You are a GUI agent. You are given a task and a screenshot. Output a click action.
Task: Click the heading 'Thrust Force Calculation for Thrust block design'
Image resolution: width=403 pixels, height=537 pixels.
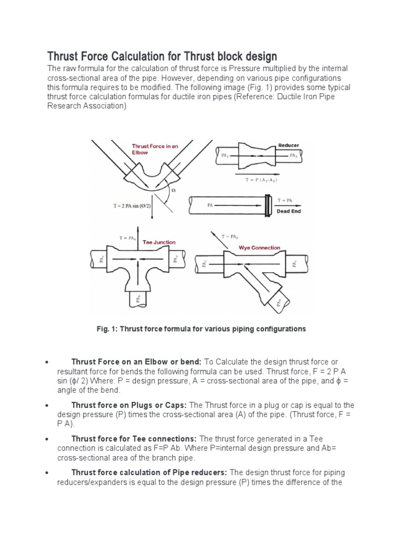(x=162, y=56)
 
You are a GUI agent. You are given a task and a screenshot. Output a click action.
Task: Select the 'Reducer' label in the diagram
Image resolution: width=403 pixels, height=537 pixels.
(x=288, y=145)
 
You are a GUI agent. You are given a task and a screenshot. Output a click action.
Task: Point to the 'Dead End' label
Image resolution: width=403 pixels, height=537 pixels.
(x=289, y=212)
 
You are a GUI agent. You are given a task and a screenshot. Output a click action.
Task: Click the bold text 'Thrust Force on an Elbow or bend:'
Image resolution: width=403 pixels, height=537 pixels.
(x=136, y=362)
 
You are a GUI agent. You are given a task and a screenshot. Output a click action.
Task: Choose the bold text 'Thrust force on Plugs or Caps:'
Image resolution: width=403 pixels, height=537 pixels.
(x=129, y=405)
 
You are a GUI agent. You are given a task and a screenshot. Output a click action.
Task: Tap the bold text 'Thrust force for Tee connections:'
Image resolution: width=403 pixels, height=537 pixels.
(x=133, y=438)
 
